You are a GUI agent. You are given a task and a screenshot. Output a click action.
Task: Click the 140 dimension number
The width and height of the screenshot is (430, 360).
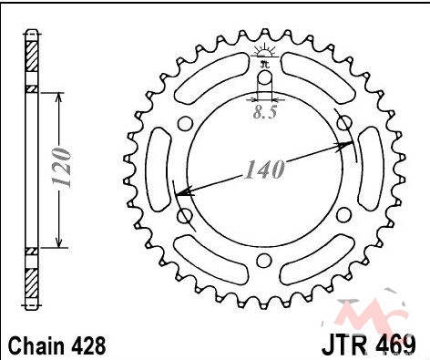coord(265,169)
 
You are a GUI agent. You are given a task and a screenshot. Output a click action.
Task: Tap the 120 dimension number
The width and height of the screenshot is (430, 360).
coord(62,167)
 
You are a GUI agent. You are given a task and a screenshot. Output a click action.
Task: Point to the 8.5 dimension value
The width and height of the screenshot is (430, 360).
coord(265,112)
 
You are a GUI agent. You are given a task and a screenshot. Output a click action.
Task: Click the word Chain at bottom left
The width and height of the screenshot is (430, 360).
coord(36,345)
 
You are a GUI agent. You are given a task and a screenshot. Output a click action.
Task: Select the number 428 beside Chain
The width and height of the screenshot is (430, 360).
coord(89,345)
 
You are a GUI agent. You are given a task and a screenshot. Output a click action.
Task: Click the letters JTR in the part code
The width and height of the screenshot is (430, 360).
coord(346,345)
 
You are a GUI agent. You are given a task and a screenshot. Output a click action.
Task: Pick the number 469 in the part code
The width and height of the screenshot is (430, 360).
coord(395,345)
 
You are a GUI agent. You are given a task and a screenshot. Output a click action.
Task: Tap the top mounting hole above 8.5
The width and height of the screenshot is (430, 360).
coord(265,77)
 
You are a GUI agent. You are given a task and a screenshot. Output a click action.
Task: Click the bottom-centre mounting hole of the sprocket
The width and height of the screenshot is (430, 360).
coord(263,261)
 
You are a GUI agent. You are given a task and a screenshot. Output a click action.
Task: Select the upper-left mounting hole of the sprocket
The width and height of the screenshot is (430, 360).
coord(185,123)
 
